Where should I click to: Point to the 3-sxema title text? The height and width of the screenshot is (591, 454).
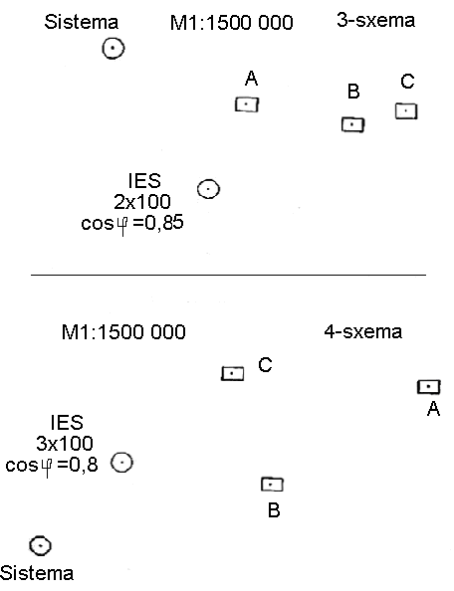(375, 20)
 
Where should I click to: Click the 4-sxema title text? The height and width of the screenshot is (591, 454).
(363, 331)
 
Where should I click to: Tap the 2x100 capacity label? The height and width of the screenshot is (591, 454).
(142, 202)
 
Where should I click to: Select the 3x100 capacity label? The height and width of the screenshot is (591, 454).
(65, 444)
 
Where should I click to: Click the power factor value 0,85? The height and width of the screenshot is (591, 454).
(164, 223)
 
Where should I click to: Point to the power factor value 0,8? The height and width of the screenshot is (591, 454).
(83, 465)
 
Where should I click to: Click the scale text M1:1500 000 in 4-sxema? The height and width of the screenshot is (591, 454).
(123, 332)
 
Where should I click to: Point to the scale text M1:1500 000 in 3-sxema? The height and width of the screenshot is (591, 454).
(232, 23)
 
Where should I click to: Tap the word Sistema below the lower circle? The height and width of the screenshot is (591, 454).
(37, 573)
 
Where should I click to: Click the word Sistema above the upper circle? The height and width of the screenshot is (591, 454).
(81, 22)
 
